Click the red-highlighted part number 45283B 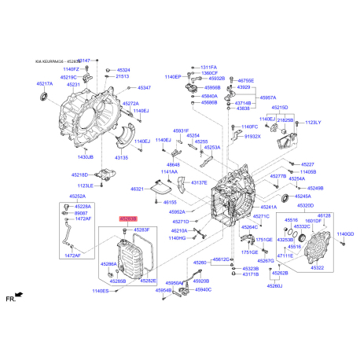(127, 219)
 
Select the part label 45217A (44, 83)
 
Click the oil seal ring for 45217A (45, 97)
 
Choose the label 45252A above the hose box (77, 197)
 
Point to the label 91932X (252, 136)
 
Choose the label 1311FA (208, 68)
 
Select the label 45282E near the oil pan (148, 281)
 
